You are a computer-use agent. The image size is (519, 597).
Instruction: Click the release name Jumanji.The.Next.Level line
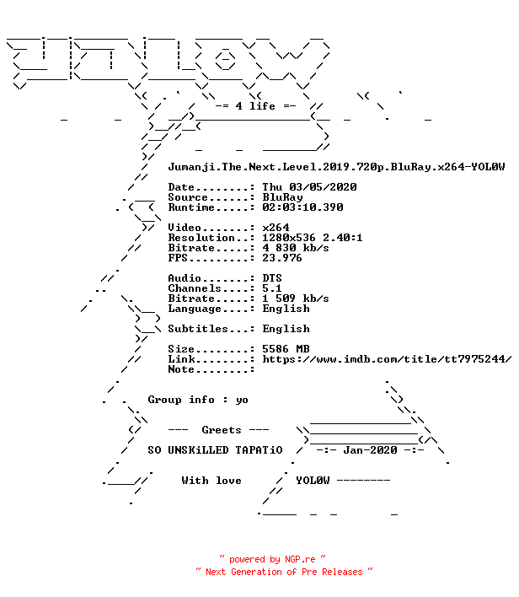pos(336,167)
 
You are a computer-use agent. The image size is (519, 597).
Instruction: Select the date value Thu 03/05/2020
pos(309,187)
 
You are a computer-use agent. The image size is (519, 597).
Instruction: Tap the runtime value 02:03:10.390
pos(302,207)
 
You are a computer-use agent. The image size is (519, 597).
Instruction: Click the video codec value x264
pos(276,228)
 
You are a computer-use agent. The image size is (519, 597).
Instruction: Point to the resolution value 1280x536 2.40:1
pos(313,238)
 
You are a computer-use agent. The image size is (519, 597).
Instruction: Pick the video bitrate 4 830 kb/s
pos(296,248)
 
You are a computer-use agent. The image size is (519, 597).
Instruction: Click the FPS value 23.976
pos(282,258)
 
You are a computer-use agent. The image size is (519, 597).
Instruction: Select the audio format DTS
pos(272,278)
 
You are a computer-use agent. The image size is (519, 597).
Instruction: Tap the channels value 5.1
pos(272,288)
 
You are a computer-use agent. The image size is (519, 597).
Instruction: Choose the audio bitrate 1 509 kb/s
pos(296,298)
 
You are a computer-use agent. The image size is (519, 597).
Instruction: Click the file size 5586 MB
pos(286,349)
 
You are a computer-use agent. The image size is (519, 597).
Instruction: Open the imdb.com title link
pos(387,359)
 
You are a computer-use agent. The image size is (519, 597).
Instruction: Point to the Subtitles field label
pos(198,329)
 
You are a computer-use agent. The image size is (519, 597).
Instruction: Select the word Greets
pos(222,430)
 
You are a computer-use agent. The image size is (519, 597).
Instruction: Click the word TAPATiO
pos(259,450)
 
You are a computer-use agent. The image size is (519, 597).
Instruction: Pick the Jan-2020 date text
pos(370,450)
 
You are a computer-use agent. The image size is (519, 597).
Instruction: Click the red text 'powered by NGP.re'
pos(272,559)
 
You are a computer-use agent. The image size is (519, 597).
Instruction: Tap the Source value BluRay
pos(282,197)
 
